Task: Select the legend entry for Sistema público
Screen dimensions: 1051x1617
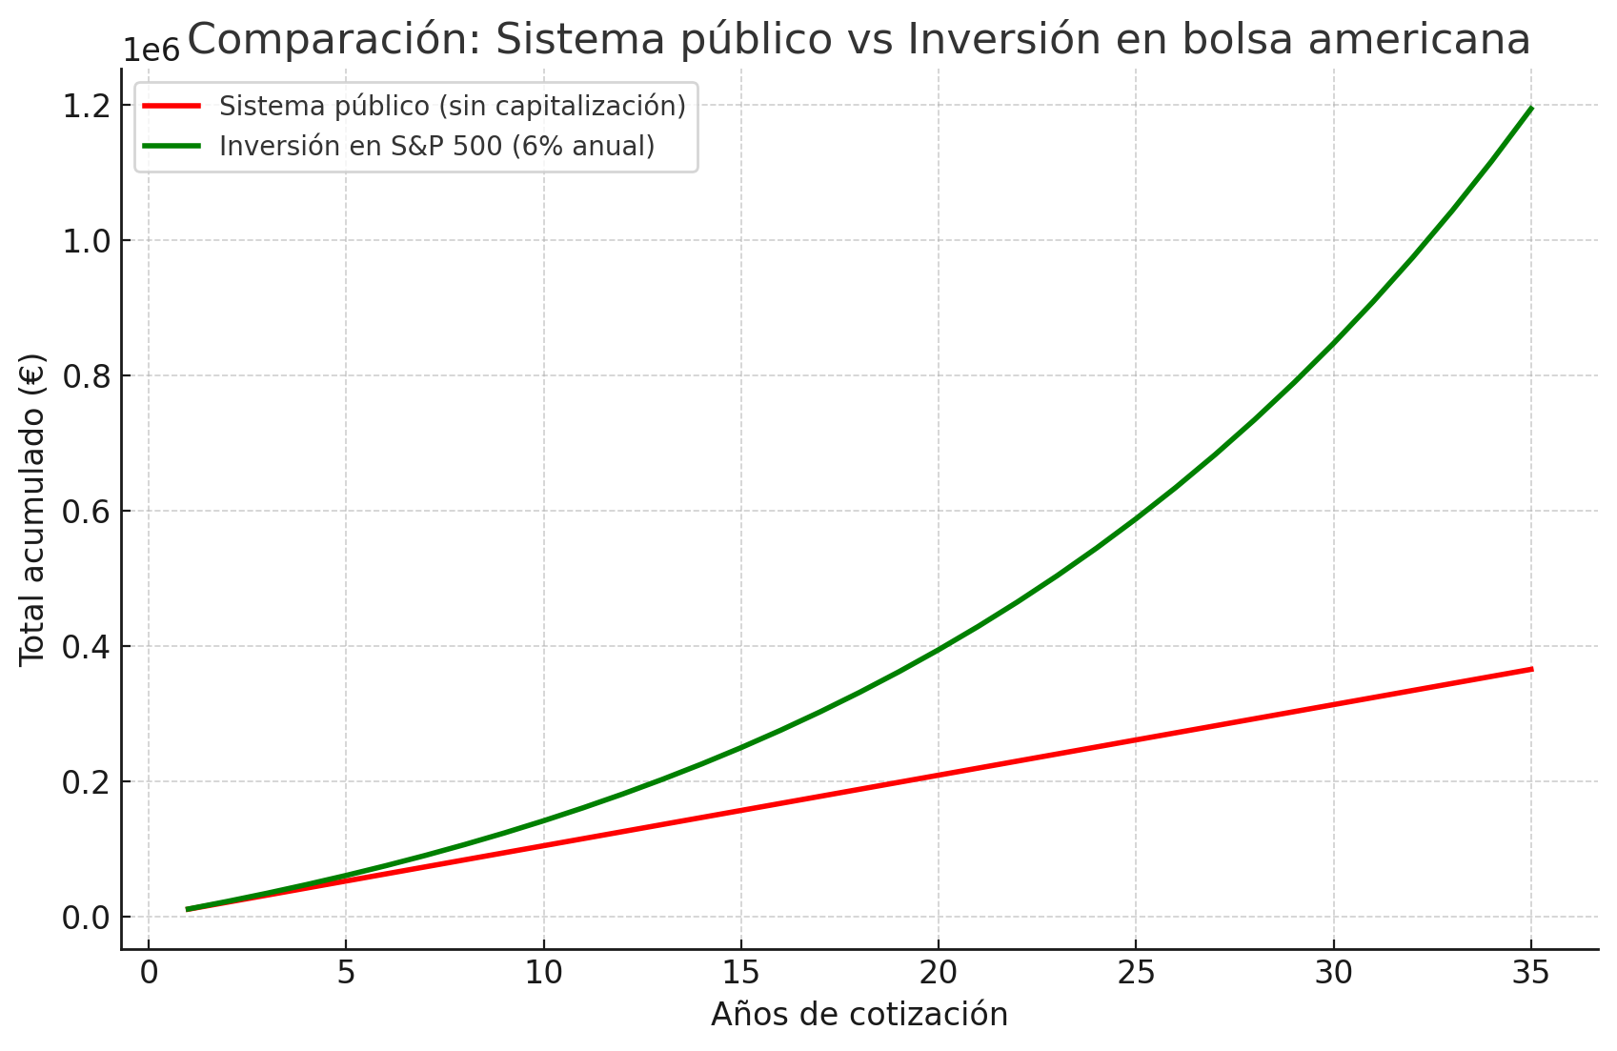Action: click(452, 106)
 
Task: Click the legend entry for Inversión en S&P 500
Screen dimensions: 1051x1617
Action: click(436, 146)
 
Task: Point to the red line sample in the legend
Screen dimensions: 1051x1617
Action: click(172, 106)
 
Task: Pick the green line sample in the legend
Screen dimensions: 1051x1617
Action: click(172, 146)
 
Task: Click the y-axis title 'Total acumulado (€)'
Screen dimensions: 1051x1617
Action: click(32, 509)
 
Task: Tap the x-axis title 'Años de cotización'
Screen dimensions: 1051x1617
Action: click(859, 1014)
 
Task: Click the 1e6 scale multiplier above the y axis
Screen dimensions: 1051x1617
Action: click(152, 51)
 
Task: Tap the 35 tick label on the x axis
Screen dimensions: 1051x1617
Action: click(1530, 973)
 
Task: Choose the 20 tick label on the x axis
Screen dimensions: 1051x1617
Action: click(939, 973)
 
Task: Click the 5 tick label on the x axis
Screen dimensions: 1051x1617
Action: click(346, 973)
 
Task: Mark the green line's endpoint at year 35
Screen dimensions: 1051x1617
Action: click(1530, 109)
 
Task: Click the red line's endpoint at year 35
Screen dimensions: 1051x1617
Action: click(1530, 669)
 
